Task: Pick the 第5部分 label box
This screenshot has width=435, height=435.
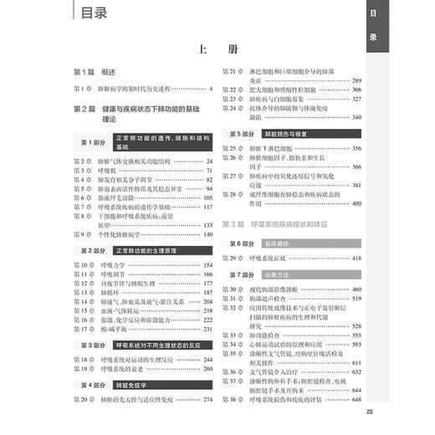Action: point(239,133)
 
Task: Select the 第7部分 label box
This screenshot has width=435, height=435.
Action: point(239,274)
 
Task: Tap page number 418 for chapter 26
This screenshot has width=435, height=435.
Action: point(356,258)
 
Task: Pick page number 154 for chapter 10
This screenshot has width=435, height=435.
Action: point(207,264)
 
